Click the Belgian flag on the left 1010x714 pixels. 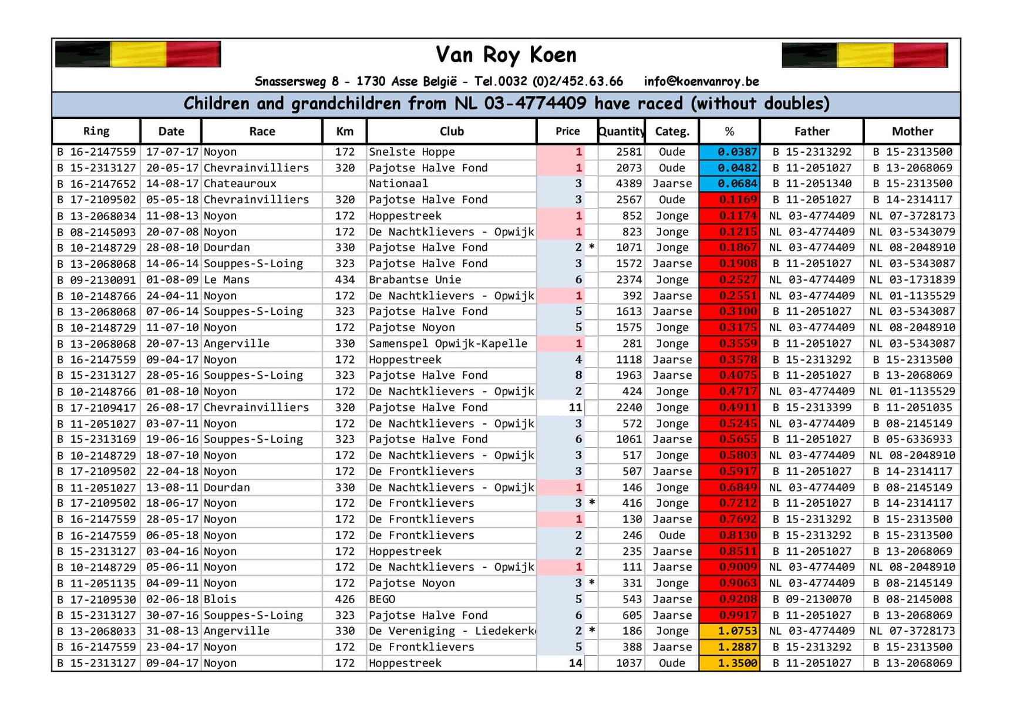point(138,55)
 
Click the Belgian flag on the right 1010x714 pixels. point(864,55)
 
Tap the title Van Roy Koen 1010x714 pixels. point(506,55)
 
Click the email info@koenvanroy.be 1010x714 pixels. point(701,81)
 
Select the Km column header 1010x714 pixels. point(345,131)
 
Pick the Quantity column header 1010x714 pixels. point(621,131)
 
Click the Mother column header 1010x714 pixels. point(912,131)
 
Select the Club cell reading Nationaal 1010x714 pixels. point(398,184)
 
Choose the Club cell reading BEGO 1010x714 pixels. point(382,599)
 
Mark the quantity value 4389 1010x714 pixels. point(628,184)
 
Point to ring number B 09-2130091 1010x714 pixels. point(96,279)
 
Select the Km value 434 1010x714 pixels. point(345,279)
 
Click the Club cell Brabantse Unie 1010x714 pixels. point(415,279)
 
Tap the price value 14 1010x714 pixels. point(575,663)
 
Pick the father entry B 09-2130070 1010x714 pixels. point(812,599)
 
